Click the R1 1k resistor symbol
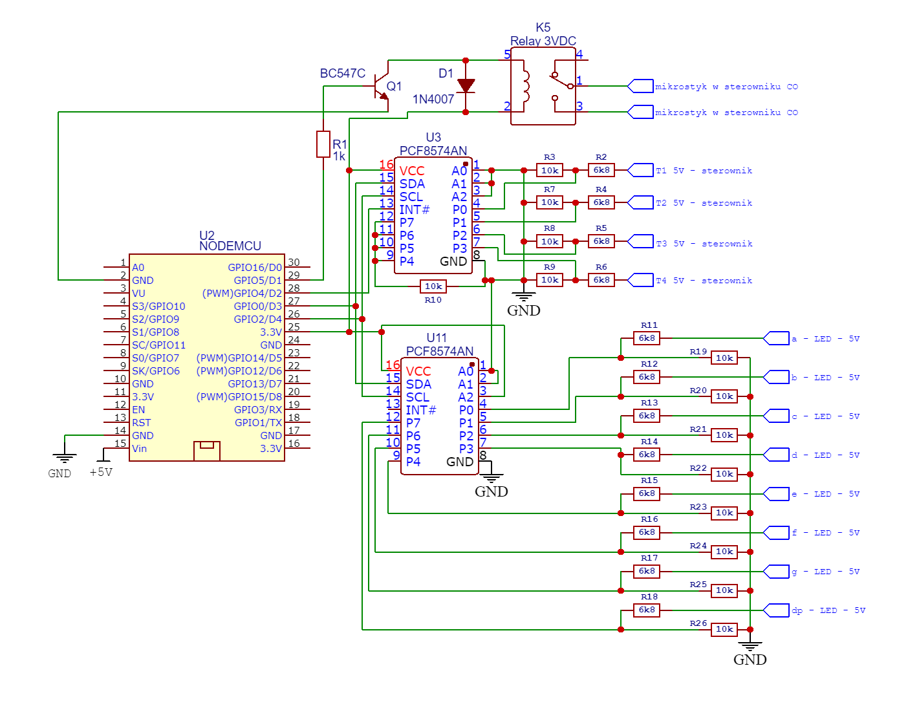coord(323,144)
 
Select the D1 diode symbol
coord(466,85)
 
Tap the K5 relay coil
coord(525,86)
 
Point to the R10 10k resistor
coord(433,286)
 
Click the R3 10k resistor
coord(550,170)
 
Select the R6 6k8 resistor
coord(601,280)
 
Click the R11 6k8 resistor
coord(647,338)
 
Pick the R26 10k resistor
coord(724,629)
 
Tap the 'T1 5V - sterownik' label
coord(704,171)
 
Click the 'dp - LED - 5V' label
coord(828,610)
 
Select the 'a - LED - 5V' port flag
coord(776,338)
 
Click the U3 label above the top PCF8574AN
coord(433,137)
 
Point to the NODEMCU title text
coord(230,246)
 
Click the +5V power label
coord(101,473)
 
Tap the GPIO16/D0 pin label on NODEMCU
coord(255,268)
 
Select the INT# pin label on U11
coord(421,410)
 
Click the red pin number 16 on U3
coord(386,165)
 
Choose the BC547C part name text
coord(343,73)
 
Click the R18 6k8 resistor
coord(647,610)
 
